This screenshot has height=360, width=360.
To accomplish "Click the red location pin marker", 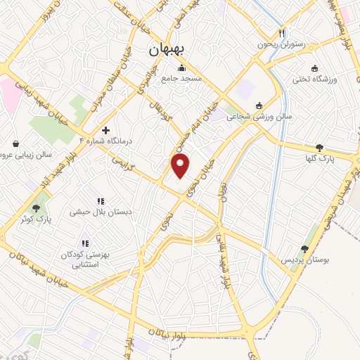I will coord(181,167).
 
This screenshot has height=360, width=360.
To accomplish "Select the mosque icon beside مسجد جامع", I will coord(182,67).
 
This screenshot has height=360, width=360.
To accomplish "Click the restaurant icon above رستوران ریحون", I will coord(282,32).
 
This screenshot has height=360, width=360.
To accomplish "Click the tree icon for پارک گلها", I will coord(320,147).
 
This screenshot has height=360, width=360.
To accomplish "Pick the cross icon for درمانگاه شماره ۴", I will coord(105,129).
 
